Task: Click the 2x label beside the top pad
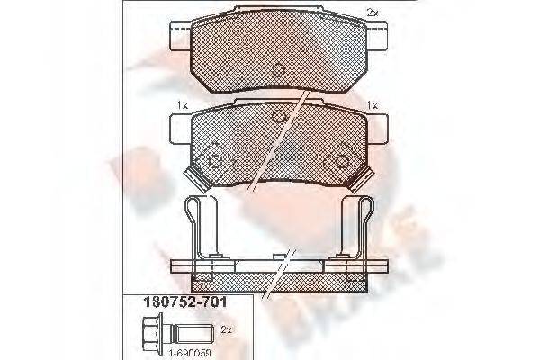click(x=373, y=13)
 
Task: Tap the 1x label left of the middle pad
click(x=182, y=106)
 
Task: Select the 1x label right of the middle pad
click(x=371, y=106)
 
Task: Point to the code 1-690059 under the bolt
click(x=172, y=352)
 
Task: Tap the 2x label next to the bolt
click(x=225, y=331)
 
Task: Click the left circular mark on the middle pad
click(x=216, y=160)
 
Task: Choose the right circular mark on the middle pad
click(x=342, y=160)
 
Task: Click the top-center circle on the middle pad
click(x=278, y=119)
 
